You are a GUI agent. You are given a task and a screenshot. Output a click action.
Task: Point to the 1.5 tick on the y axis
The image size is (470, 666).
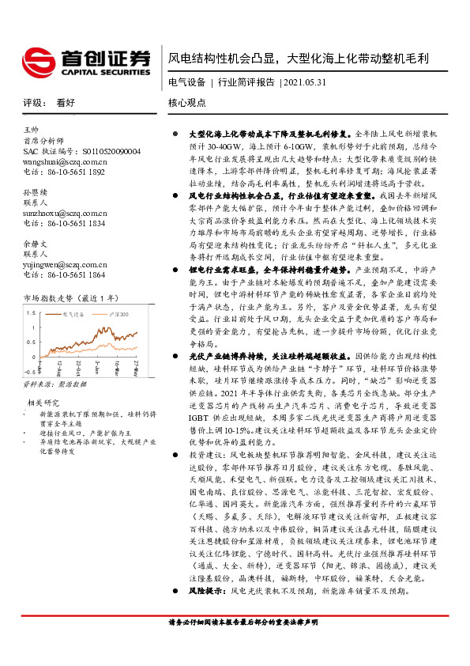coord(32,312)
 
